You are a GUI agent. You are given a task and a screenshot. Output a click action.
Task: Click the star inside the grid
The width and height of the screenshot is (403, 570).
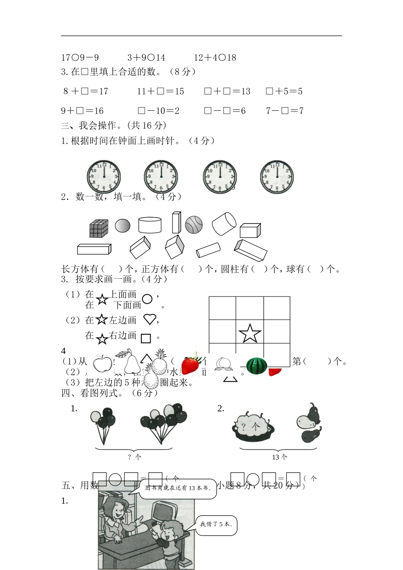250,333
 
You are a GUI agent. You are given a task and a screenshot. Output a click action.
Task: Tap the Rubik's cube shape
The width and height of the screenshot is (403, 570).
99,229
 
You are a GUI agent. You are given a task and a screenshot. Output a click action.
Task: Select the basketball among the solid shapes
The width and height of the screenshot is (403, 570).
193,225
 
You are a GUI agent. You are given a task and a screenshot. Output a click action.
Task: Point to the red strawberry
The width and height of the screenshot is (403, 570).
190,364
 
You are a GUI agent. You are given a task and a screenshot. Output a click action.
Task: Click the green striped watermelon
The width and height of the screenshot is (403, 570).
257,366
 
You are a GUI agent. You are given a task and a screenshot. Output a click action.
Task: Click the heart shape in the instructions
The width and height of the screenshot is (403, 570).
150,319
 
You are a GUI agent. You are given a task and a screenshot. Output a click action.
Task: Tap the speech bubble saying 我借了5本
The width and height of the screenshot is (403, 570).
216,525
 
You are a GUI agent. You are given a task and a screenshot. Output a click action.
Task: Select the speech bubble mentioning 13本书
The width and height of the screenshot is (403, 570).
178,488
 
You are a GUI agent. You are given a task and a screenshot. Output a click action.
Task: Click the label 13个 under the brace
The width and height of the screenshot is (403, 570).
280,457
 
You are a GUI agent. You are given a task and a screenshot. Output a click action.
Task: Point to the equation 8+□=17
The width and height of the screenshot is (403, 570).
86,91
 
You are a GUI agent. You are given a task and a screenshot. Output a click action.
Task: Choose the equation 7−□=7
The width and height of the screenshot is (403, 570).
285,111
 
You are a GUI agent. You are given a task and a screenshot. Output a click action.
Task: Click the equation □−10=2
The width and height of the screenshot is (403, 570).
159,111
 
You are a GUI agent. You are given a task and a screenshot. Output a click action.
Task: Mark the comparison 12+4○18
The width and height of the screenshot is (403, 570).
215,58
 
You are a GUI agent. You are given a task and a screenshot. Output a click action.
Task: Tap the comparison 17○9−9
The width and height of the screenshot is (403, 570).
80,58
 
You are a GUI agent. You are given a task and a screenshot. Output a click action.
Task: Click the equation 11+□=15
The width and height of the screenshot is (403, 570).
160,91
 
